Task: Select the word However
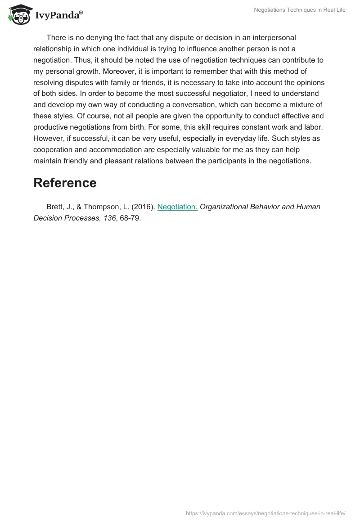[49, 139]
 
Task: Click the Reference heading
[65, 183]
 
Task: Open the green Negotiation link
[177, 207]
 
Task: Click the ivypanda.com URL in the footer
[265, 513]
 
